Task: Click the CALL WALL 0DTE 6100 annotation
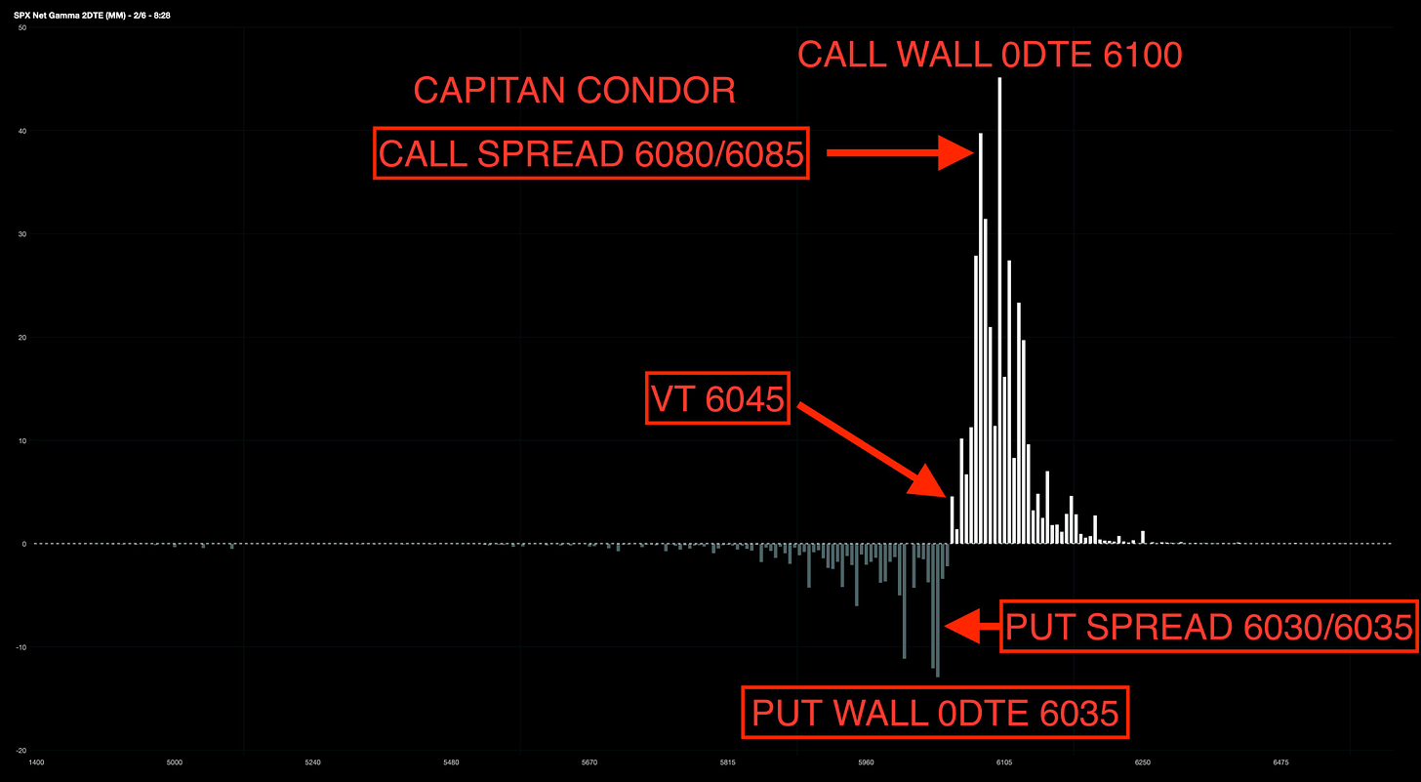[x=990, y=55]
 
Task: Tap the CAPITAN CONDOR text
[x=575, y=91]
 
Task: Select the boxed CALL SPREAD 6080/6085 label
[x=591, y=153]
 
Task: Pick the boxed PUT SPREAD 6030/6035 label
[x=1208, y=627]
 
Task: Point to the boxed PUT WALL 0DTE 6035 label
[x=935, y=714]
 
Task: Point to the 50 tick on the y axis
[x=22, y=28]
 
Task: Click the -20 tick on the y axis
[x=21, y=750]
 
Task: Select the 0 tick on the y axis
[x=24, y=544]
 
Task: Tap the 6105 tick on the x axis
[x=1004, y=761]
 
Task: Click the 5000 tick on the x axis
[x=175, y=761]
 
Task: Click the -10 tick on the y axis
[x=21, y=647]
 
